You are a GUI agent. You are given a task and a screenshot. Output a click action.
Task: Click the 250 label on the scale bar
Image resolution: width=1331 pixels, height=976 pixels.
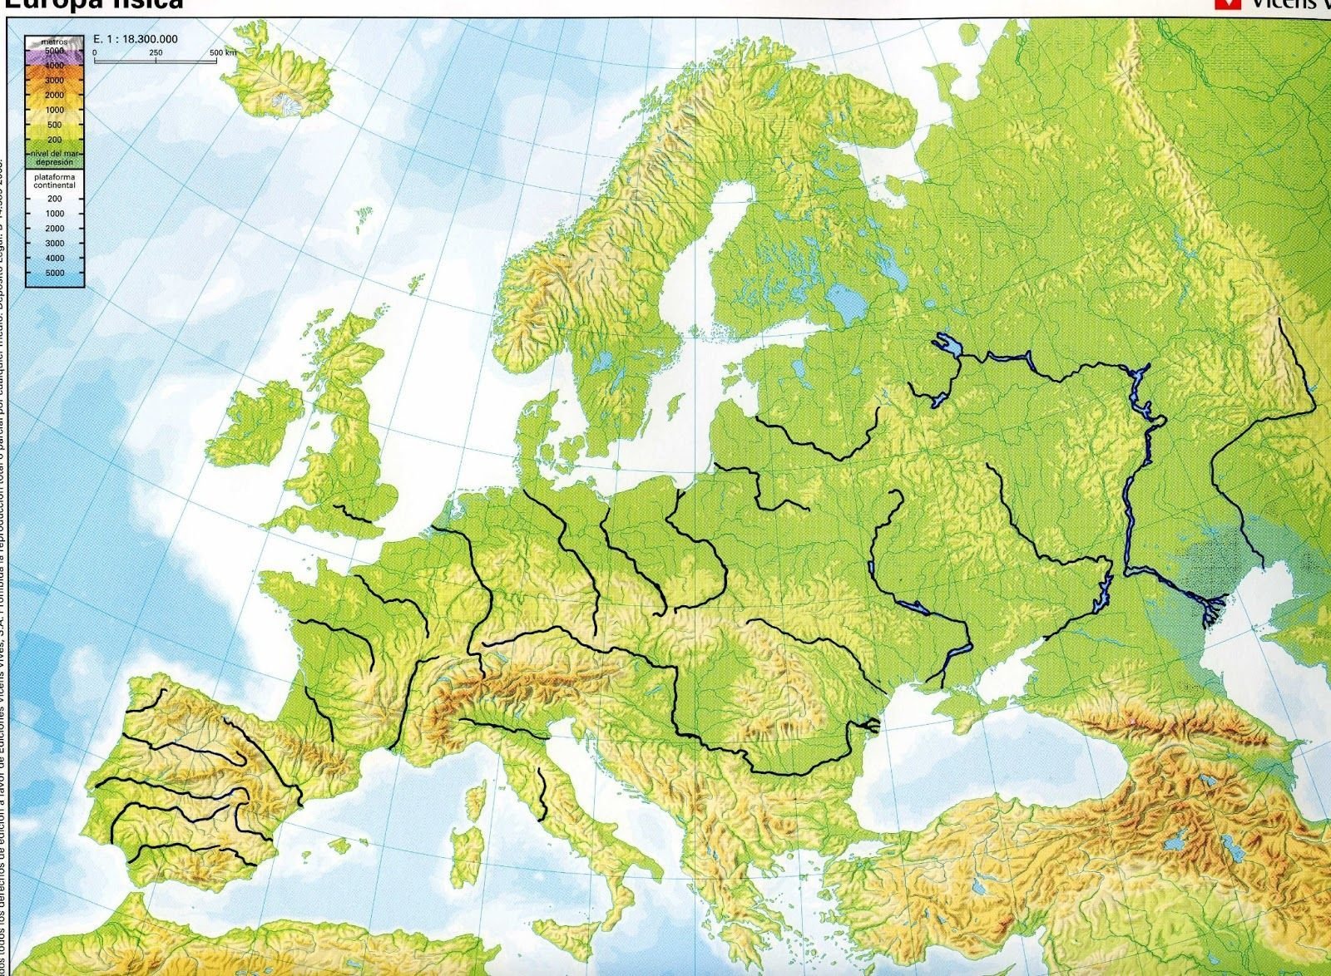(156, 52)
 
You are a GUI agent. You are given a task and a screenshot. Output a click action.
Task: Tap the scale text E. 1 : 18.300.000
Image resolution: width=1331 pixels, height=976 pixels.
(136, 39)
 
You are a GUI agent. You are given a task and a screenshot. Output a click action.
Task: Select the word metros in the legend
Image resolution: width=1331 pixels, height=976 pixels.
(54, 40)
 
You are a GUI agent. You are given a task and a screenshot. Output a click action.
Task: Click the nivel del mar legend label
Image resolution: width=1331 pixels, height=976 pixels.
(54, 155)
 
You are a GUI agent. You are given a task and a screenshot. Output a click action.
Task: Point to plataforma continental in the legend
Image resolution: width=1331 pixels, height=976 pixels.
(54, 180)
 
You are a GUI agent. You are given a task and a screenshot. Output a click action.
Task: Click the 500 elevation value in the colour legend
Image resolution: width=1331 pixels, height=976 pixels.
(54, 126)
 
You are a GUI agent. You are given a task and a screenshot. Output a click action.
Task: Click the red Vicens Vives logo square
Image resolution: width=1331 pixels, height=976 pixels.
(1222, 4)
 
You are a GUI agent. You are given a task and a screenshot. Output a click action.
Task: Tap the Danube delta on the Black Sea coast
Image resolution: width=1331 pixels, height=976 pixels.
(871, 726)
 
